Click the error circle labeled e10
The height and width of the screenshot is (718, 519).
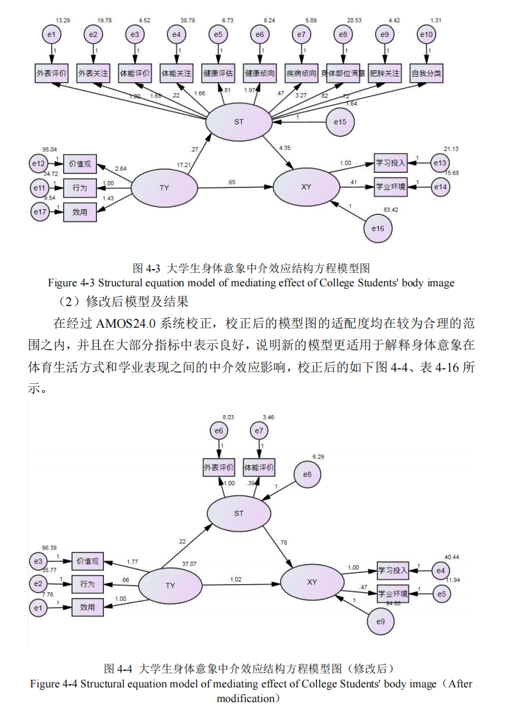(427, 34)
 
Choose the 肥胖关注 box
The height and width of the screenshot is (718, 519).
(384, 74)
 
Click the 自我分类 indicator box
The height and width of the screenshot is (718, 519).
(427, 74)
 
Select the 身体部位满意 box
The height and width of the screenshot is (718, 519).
(343, 74)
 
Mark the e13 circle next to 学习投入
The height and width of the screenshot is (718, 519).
(440, 163)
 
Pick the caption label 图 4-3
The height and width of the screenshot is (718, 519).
(146, 268)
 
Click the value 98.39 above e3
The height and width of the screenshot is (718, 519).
(50, 547)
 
